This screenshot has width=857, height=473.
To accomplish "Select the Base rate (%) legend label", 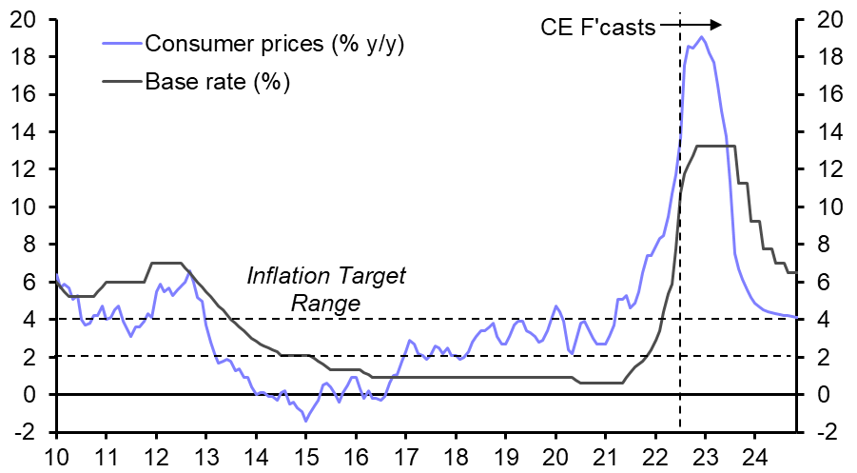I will [x=217, y=81].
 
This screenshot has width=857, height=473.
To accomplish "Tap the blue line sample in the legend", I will [x=121, y=44].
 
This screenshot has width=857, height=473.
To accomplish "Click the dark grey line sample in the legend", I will [x=121, y=81].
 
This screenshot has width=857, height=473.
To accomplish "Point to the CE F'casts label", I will [x=597, y=27].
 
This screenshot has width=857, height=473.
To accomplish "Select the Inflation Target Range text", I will [x=326, y=290].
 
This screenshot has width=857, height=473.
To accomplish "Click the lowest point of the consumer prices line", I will [x=305, y=420].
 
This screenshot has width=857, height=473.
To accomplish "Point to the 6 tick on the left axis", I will [x=29, y=282].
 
